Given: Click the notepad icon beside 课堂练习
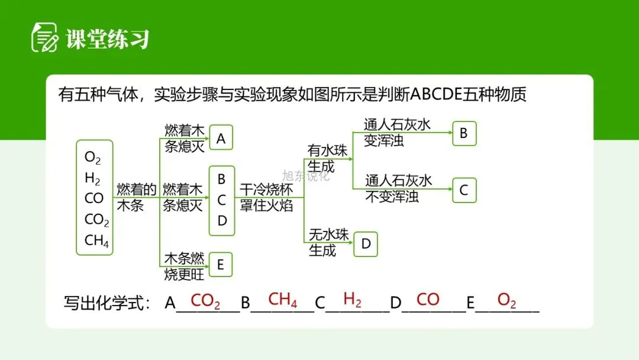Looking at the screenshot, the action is (x=44, y=38).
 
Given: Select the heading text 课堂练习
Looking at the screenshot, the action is (x=107, y=38).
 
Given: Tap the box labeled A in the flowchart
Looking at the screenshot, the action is (x=221, y=138).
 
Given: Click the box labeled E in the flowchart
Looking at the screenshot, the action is (x=221, y=265).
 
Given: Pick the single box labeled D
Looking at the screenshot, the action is (x=366, y=244).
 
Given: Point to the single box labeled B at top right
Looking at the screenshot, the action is (x=464, y=133).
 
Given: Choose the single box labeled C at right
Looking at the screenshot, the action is (x=464, y=190).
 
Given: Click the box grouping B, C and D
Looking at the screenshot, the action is (x=222, y=200).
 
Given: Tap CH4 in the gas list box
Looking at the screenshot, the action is (x=97, y=241).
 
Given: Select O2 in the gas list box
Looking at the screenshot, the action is (x=93, y=157).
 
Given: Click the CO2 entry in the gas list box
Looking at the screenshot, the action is (x=97, y=220).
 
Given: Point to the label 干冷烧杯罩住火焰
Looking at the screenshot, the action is (x=266, y=197).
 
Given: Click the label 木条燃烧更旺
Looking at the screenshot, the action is (x=183, y=266).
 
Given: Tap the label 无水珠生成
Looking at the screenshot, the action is (x=328, y=242).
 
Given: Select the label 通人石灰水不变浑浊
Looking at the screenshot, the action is (x=399, y=188).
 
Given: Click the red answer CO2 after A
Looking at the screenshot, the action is (x=205, y=301).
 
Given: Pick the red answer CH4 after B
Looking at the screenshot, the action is (x=282, y=300).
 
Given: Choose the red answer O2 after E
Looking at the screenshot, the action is (x=506, y=300).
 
